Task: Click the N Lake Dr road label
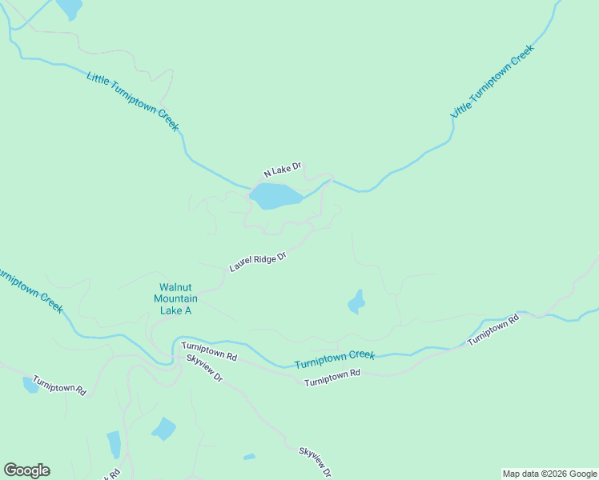[x=283, y=170]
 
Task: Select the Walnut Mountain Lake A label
[x=175, y=298]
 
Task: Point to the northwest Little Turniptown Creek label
[x=133, y=101]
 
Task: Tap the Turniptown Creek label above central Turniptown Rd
[x=335, y=359]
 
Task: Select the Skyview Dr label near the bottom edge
[x=315, y=462]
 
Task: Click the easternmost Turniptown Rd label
[x=493, y=330]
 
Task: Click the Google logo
[x=26, y=470]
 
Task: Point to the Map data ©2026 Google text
[x=549, y=474]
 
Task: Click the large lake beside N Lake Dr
[x=275, y=195]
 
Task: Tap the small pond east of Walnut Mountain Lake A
[x=356, y=302]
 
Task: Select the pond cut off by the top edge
[x=69, y=7]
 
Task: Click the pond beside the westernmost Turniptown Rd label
[x=30, y=386]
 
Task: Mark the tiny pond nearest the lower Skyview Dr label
[x=249, y=457]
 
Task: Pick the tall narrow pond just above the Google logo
[x=114, y=443]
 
